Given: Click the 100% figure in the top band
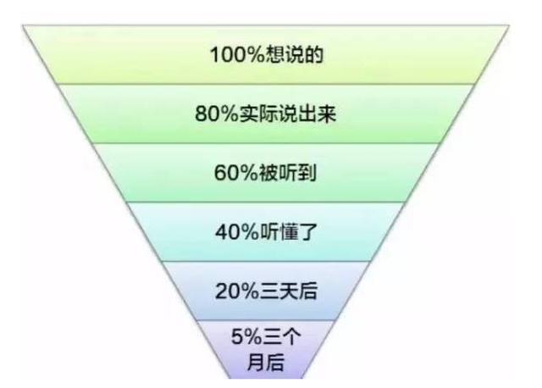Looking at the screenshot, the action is pyautogui.click(x=237, y=54).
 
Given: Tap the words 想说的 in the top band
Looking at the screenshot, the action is pyautogui.click(x=294, y=54).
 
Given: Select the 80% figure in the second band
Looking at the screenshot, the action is pyautogui.click(x=217, y=114).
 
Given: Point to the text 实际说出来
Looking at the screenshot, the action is pyautogui.click(x=288, y=114).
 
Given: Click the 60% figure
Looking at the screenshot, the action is pyautogui.click(x=236, y=173).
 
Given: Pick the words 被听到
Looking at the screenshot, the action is pyautogui.click(x=288, y=173).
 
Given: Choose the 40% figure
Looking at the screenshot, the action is pyautogui.click(x=237, y=231).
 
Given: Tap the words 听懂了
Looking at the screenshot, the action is pyautogui.click(x=289, y=231).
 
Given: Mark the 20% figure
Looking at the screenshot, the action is pyautogui.click(x=237, y=291).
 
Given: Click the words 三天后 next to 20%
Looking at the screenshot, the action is pyautogui.click(x=289, y=291).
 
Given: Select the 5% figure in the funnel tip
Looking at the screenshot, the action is pyautogui.click(x=246, y=336).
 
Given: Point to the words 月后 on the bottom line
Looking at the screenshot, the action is pyautogui.click(x=266, y=362).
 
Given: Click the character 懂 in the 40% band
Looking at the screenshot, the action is pyautogui.click(x=289, y=231).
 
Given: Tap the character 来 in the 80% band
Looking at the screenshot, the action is pyautogui.click(x=327, y=114).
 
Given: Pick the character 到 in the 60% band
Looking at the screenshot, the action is pyautogui.click(x=307, y=173).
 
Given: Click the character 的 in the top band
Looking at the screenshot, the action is pyautogui.click(x=314, y=54).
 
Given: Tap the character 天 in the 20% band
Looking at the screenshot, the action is pyautogui.click(x=289, y=291).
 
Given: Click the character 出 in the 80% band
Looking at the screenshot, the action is pyautogui.click(x=307, y=114).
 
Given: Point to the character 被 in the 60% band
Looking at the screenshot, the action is pyautogui.click(x=268, y=173).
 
